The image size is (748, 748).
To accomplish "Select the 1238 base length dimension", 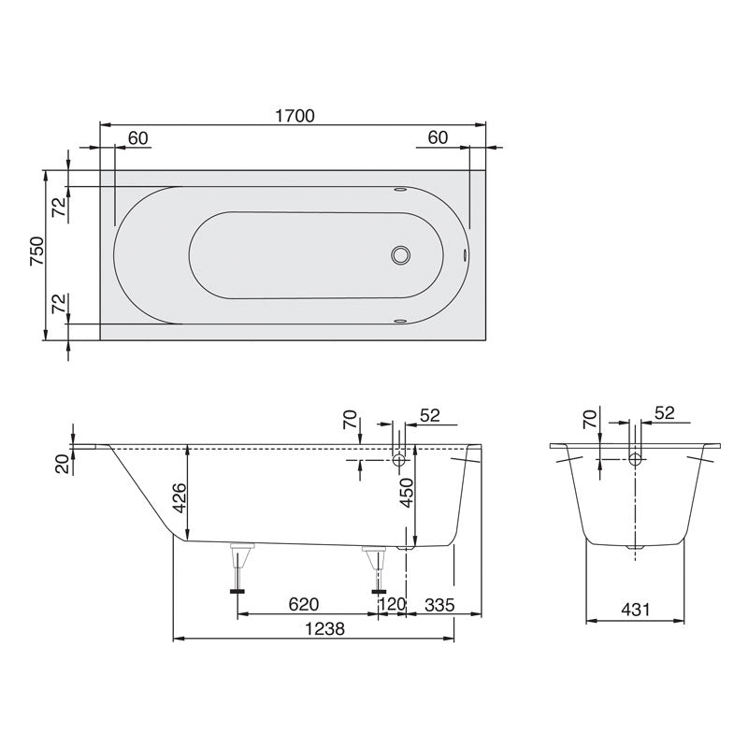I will pos(324,630).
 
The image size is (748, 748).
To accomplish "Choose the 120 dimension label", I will pos(392,605).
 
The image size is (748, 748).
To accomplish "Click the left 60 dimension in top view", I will pos(137,137).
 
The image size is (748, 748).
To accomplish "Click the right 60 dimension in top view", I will pos(438,137).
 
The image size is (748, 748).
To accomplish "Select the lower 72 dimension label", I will pos(58,304).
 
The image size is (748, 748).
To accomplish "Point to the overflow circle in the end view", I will pos(636,459).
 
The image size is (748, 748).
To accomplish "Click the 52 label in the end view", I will pos(665,412).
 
